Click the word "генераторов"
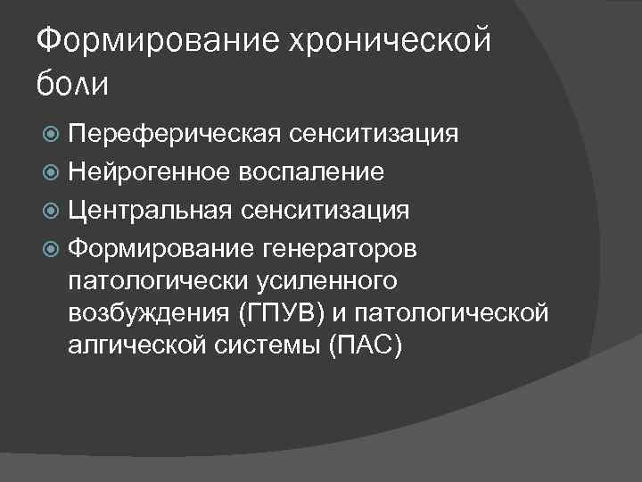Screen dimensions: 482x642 (345, 248)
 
